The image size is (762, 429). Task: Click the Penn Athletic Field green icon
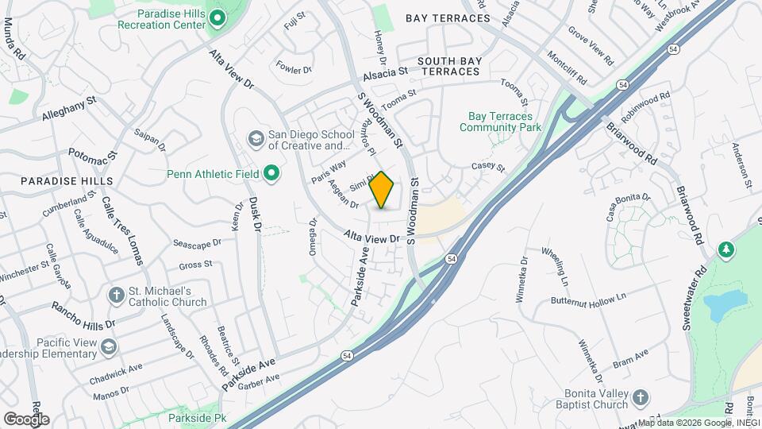[x=272, y=173]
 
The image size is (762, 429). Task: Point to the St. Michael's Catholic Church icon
[x=116, y=296]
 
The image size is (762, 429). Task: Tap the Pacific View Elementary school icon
[x=108, y=347]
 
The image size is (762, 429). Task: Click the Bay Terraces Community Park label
[x=500, y=122]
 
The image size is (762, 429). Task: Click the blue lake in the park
[x=725, y=304]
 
